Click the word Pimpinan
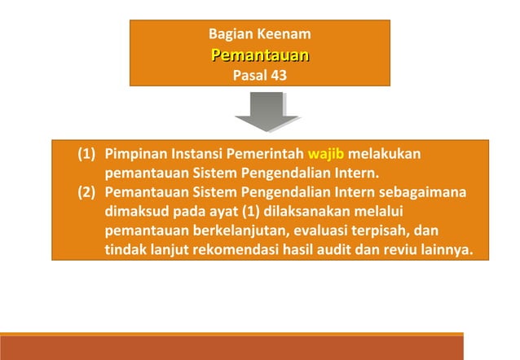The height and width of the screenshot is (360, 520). point(134,155)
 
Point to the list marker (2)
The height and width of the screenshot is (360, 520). point(87,192)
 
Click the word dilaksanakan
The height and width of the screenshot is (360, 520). point(305,211)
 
